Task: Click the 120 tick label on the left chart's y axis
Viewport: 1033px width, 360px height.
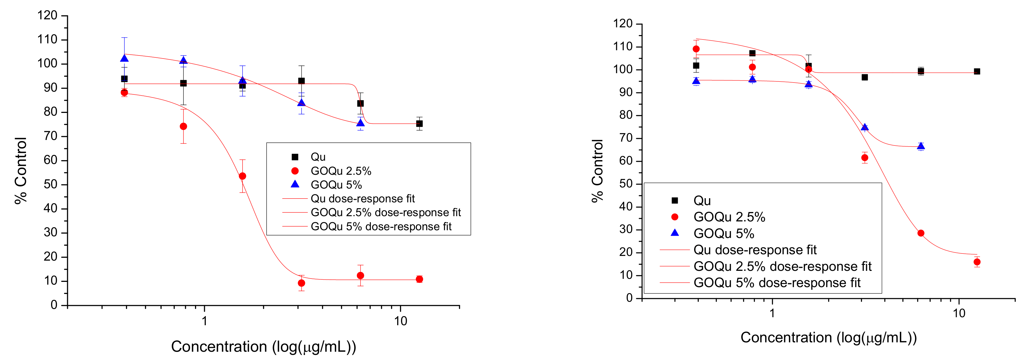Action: tap(47, 16)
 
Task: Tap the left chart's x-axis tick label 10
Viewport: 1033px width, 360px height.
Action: tap(400, 321)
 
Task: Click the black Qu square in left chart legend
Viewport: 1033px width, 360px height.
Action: tap(295, 157)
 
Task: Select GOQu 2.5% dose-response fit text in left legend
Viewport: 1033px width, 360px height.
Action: tap(386, 213)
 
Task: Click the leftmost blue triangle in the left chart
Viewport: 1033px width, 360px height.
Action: tap(124, 59)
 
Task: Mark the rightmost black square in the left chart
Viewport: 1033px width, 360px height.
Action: tap(419, 123)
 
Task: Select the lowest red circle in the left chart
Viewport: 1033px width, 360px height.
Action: tap(301, 283)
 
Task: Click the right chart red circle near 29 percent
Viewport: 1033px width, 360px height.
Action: tap(921, 233)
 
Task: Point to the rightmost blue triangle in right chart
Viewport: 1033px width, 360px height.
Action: tap(921, 146)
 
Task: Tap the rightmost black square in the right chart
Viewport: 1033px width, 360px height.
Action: tap(977, 71)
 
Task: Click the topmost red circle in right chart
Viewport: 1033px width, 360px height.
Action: tap(696, 49)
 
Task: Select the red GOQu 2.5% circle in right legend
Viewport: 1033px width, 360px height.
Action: tap(675, 217)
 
